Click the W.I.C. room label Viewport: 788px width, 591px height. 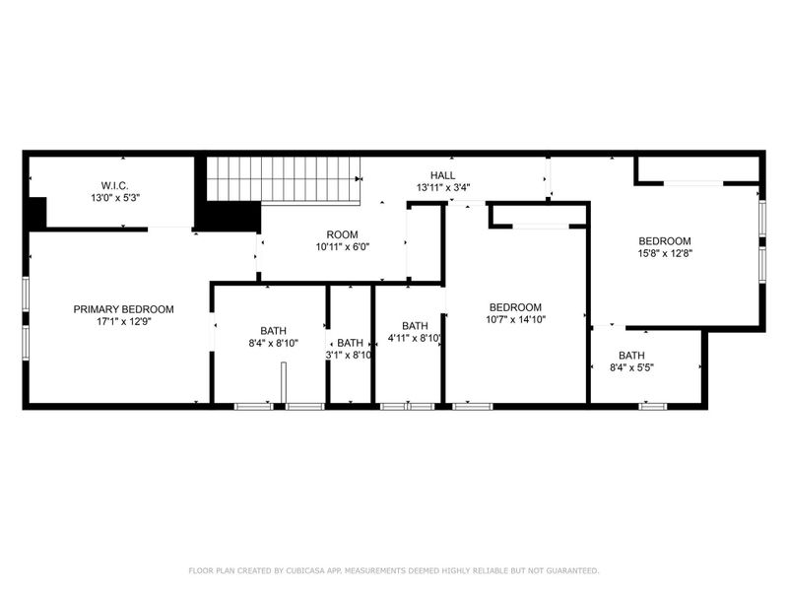(115, 185)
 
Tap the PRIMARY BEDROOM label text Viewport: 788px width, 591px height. (124, 309)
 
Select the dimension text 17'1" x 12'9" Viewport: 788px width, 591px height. (124, 322)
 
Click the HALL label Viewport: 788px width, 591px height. (441, 174)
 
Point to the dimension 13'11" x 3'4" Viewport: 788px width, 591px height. (441, 187)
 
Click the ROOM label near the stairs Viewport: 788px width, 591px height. (343, 234)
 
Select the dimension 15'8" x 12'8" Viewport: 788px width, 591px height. (665, 254)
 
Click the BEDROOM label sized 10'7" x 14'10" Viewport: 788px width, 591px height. (515, 306)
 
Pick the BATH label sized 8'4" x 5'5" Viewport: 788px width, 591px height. (631, 356)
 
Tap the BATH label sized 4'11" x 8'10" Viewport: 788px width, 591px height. (415, 326)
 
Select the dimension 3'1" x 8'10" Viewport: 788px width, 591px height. (351, 356)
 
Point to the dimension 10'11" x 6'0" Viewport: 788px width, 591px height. (343, 247)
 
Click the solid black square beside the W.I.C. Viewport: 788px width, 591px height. (37, 213)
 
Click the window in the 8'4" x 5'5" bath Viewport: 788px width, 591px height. (652, 405)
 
